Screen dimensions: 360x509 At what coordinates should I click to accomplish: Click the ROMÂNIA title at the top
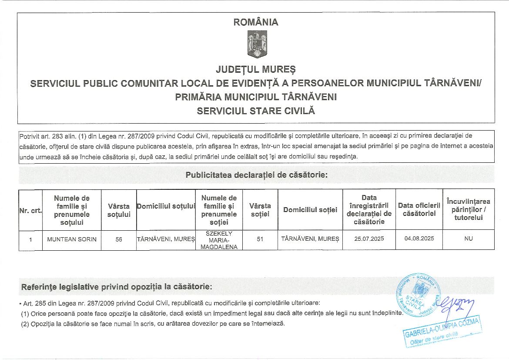(x=256, y=22)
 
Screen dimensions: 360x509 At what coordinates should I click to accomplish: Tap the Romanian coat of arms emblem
(x=257, y=45)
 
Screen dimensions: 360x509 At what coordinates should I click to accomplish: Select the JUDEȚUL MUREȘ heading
(x=256, y=69)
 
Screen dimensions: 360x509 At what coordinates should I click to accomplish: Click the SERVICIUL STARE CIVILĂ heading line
(x=256, y=111)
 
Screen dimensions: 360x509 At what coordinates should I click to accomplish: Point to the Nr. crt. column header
(x=30, y=210)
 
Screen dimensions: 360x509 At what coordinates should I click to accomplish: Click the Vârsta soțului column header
(x=119, y=210)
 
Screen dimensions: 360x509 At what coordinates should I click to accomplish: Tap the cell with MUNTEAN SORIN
(x=72, y=239)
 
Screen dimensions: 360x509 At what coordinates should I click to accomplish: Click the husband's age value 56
(x=119, y=239)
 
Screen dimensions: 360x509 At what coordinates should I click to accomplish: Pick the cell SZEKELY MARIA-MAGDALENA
(x=219, y=240)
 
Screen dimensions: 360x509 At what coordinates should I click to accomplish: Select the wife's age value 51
(x=260, y=239)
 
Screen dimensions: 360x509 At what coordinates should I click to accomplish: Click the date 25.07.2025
(x=369, y=239)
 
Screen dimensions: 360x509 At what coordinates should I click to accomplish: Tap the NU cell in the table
(x=468, y=239)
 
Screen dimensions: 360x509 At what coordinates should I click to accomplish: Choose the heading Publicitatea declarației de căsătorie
(x=256, y=175)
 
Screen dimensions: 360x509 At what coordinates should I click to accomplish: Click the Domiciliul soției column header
(x=310, y=210)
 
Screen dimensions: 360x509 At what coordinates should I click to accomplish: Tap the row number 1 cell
(x=30, y=239)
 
